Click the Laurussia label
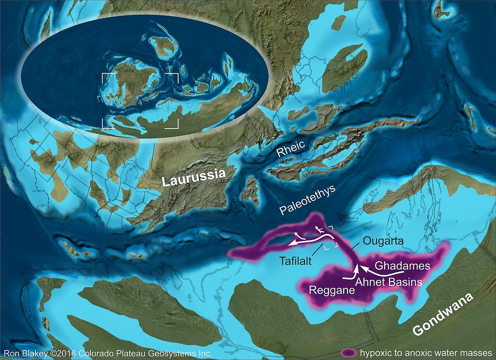click(x=193, y=178)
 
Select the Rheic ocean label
click(x=291, y=149)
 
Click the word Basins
click(x=406, y=282)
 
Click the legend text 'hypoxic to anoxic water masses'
click(x=426, y=353)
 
